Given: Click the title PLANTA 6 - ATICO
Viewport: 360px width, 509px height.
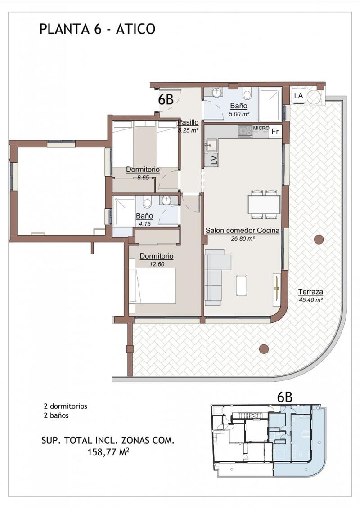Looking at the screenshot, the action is point(98,29).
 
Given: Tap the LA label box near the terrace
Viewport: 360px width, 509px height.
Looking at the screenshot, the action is point(298,96).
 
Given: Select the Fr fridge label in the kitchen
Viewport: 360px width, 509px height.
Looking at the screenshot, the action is point(275,132).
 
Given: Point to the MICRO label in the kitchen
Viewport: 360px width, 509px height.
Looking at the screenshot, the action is point(261,128).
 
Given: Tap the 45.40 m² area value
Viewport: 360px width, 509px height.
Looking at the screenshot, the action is point(310,300).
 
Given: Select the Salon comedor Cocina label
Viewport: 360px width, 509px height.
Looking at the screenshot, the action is point(243,231).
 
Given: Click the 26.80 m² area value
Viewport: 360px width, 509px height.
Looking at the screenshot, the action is point(243,239).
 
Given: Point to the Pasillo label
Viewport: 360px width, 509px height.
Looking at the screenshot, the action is point(188,122).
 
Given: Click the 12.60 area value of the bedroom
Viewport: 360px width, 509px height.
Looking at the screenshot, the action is point(157,264).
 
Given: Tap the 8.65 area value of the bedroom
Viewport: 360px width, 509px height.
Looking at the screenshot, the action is point(143,178).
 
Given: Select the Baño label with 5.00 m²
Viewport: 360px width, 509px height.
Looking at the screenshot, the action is point(239,106).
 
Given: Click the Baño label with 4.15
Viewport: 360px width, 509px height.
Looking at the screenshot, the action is point(144,216).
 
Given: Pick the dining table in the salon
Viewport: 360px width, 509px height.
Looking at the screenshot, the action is point(264,205).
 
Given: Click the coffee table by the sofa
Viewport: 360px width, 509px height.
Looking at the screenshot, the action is point(241,286).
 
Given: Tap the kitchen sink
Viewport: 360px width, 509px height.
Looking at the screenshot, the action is point(211,145).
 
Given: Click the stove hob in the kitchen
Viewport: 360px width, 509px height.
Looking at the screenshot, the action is point(245,131).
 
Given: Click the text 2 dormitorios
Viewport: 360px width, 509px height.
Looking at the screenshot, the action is point(65,406).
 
